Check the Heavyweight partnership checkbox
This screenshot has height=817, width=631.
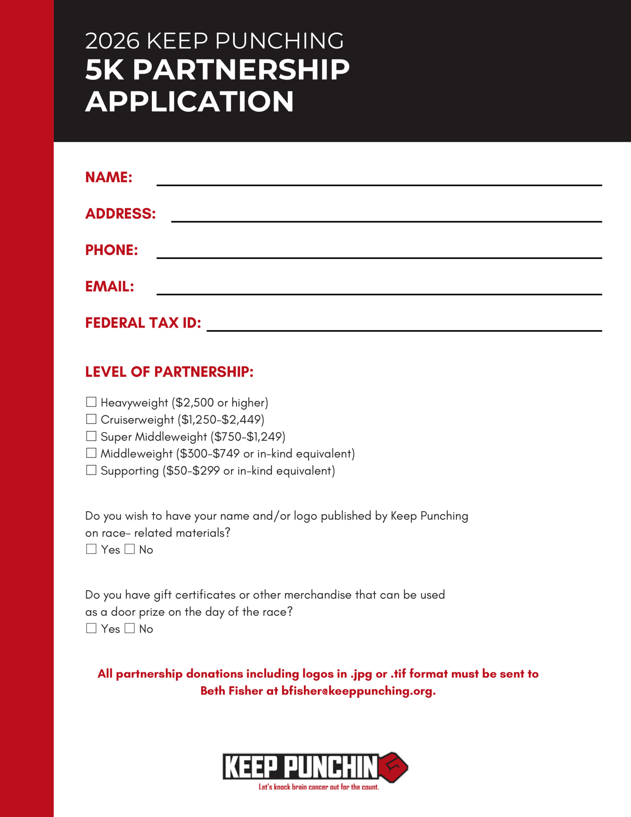[x=91, y=402]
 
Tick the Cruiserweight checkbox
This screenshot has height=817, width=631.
[x=91, y=419]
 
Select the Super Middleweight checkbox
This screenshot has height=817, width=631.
[x=91, y=436]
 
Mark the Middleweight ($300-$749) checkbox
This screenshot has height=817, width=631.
[x=91, y=453]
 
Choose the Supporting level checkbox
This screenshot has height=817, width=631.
[x=91, y=470]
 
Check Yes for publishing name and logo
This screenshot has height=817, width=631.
[x=91, y=549]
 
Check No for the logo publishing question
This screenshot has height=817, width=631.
[x=129, y=549]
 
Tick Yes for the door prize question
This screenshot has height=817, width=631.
[x=91, y=628]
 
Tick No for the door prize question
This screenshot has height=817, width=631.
[x=129, y=628]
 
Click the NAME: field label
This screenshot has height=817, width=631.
[x=109, y=177]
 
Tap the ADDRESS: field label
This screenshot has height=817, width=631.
[x=120, y=214]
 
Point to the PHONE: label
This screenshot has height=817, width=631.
[x=111, y=250]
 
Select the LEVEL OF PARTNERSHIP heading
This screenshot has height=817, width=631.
[x=169, y=372]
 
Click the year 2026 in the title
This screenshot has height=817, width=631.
[x=112, y=41]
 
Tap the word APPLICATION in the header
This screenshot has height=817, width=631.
[x=190, y=101]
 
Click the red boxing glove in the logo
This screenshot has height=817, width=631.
[x=393, y=767]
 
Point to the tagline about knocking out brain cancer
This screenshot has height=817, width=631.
[x=319, y=787]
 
